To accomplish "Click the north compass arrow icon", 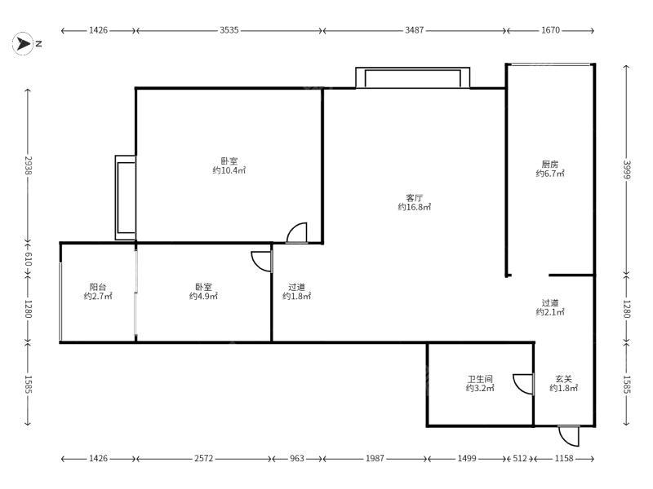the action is point(23,44).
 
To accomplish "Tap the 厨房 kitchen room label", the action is point(549,165).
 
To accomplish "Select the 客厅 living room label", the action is point(415,198).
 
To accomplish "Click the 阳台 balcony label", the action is point(98,287).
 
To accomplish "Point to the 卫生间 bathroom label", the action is point(480,379).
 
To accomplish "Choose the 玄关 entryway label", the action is point(563,379).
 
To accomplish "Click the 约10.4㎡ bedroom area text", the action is point(229,170).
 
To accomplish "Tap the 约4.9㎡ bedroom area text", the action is point(203,296).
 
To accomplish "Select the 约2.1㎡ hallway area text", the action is point(549,312).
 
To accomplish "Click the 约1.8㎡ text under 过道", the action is point(296,296).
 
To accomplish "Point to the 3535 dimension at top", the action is point(229,30).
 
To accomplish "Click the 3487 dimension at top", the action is point(415,30).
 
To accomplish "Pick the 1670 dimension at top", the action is point(550,30).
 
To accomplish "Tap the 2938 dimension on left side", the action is point(28,165).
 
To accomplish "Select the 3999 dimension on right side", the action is point(627,170).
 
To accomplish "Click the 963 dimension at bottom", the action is point(297,458).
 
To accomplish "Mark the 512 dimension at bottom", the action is point(520,458).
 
